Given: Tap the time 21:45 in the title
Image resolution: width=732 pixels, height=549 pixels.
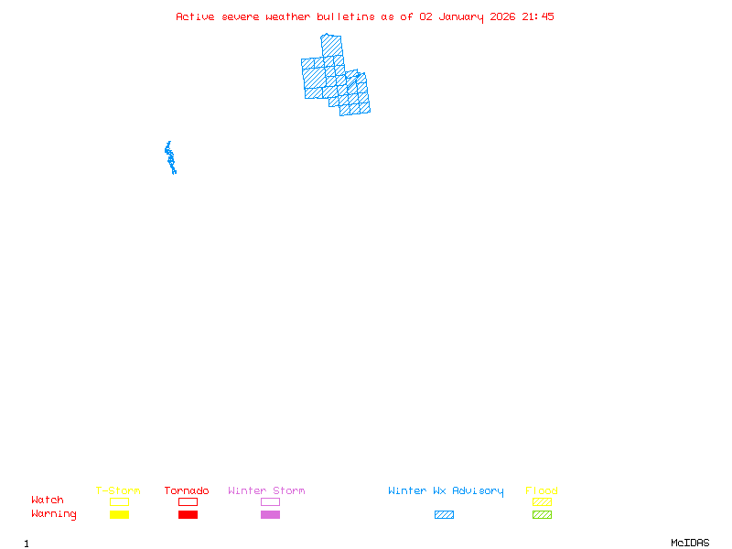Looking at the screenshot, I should point(538,16).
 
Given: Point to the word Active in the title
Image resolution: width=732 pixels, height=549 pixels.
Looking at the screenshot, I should point(195,16).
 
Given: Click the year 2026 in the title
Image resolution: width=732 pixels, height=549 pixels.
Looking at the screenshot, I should point(503,16).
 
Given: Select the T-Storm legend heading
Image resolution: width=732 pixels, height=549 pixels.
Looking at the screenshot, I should point(118,491).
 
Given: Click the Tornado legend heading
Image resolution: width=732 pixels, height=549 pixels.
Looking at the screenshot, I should point(187,491).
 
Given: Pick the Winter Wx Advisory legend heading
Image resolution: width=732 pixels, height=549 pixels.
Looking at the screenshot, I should point(446,491).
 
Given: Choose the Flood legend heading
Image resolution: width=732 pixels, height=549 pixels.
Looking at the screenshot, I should point(542,491).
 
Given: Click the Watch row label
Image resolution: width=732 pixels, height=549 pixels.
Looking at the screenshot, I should point(48,501).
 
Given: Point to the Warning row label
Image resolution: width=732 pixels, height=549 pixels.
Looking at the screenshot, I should point(54,514).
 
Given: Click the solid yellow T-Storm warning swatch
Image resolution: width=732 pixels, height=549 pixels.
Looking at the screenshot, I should point(119,515).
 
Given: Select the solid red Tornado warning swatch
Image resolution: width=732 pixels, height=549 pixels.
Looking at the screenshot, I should point(188,515).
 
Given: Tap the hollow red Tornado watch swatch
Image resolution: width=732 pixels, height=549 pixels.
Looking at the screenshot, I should point(188,501).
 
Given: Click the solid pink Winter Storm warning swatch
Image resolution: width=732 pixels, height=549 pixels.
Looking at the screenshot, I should point(270,515).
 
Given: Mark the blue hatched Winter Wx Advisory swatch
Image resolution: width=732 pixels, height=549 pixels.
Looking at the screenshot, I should point(444,515).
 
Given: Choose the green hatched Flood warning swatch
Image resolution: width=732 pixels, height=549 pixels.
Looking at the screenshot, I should point(542,515).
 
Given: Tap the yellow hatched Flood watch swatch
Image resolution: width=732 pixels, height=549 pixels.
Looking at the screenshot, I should point(542,501).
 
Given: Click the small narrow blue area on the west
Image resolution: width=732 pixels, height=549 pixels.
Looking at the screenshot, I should point(170,158).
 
